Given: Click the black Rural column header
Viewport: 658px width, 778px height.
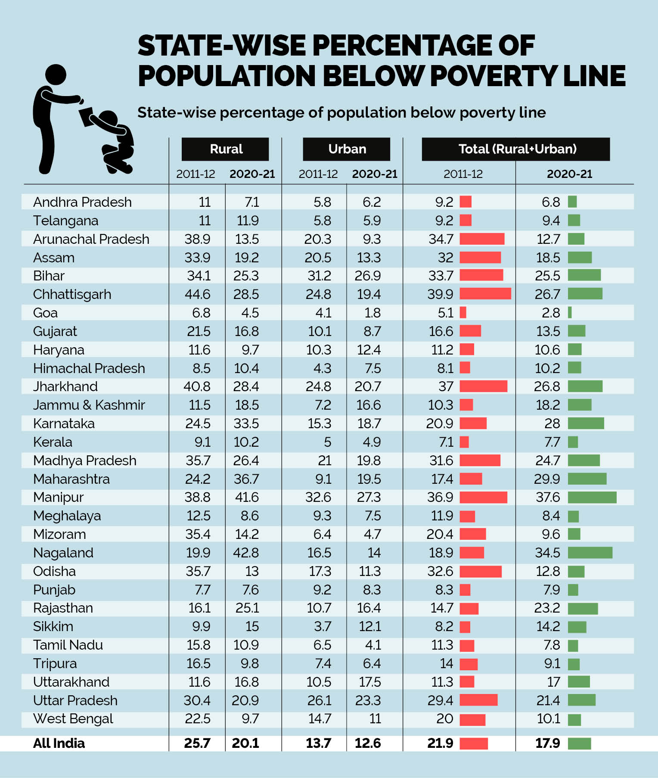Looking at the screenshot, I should [x=225, y=149].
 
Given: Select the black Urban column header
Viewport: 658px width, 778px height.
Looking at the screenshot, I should [x=347, y=149].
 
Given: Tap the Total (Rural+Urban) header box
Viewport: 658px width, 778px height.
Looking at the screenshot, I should [x=516, y=149].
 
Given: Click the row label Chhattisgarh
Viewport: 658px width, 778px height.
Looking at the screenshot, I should [x=72, y=294].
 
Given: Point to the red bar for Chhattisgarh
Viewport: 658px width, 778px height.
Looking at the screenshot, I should [x=485, y=294].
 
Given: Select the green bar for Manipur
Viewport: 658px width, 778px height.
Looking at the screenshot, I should [x=592, y=498].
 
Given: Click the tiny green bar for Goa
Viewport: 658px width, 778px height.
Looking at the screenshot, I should [x=570, y=312].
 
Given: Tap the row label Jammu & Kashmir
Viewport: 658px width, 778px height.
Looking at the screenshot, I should [x=89, y=405].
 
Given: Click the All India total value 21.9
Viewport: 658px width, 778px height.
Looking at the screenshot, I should [x=440, y=743].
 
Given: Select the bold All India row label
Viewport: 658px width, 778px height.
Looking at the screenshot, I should [x=59, y=743].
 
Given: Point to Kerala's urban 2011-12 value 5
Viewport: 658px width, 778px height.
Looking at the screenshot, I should [x=327, y=442].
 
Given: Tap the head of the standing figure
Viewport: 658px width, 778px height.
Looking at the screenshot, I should [x=56, y=75].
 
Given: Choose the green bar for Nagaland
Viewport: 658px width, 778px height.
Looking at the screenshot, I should [x=590, y=553].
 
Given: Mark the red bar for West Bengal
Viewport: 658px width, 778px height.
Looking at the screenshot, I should [x=472, y=719].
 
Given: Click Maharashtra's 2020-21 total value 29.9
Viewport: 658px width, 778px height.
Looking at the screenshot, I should [x=547, y=479].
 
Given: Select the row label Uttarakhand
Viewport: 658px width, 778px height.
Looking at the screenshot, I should [x=71, y=682].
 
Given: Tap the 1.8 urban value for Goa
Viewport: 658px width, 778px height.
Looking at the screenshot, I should [x=372, y=313].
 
